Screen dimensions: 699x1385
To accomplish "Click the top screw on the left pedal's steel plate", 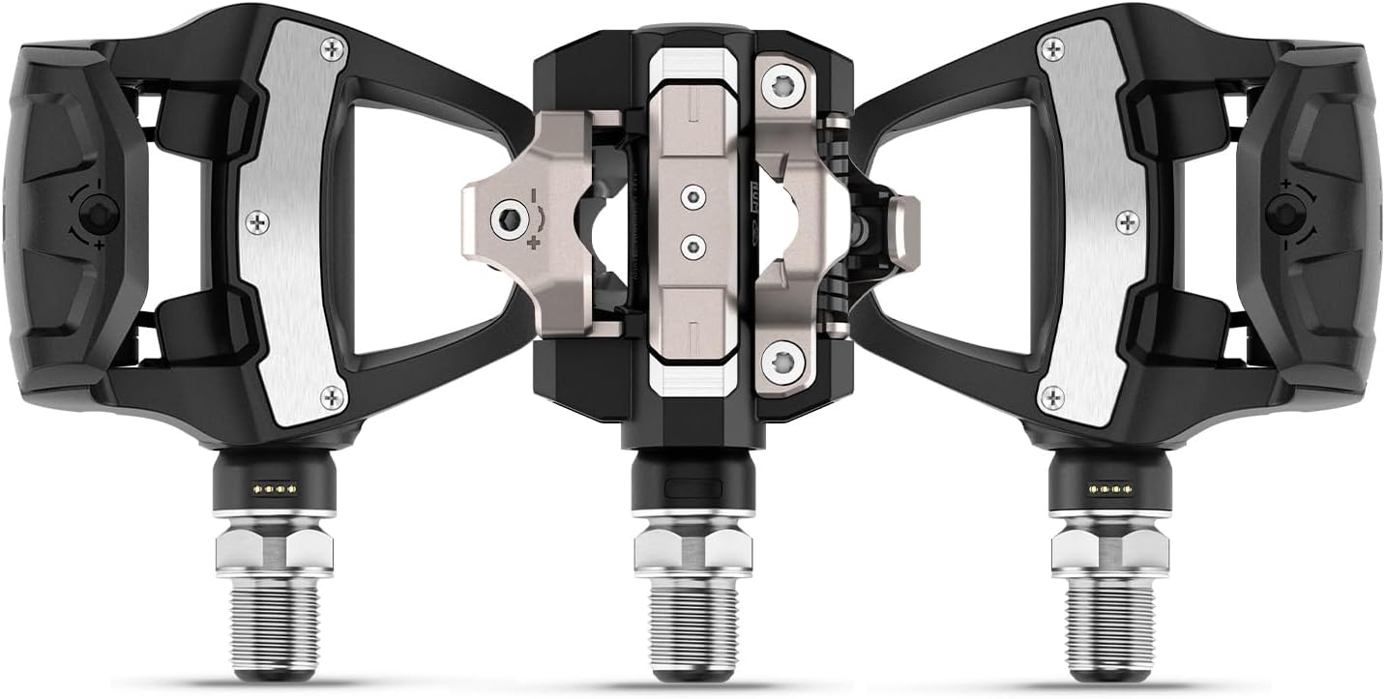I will click(332, 47).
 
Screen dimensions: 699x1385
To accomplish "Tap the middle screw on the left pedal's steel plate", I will click(256, 222).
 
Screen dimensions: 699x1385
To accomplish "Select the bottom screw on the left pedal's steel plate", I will click(332, 396).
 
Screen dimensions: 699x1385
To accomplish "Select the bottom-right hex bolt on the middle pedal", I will click(782, 364).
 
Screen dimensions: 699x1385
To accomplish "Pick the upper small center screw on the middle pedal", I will click(692, 197).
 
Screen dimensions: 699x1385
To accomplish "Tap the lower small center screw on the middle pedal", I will click(692, 246).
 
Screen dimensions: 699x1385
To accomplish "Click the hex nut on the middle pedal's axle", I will click(692, 552).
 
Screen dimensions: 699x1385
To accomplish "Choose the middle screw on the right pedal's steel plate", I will click(1127, 222).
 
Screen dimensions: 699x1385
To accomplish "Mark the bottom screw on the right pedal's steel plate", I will click(1052, 396).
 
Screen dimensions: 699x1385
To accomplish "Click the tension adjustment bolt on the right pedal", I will click(1287, 212).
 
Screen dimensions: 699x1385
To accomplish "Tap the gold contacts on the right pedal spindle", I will click(1109, 488).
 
